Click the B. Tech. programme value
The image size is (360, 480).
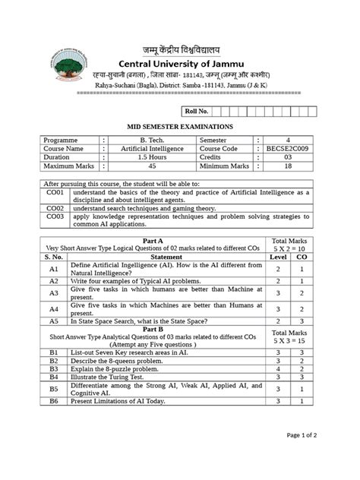tap(153, 141)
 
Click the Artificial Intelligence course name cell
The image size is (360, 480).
tap(153, 149)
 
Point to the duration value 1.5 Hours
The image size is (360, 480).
tap(153, 157)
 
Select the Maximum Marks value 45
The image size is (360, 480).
tap(153, 166)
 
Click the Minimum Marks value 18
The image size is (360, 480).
tap(288, 166)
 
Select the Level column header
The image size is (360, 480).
tap(279, 257)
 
